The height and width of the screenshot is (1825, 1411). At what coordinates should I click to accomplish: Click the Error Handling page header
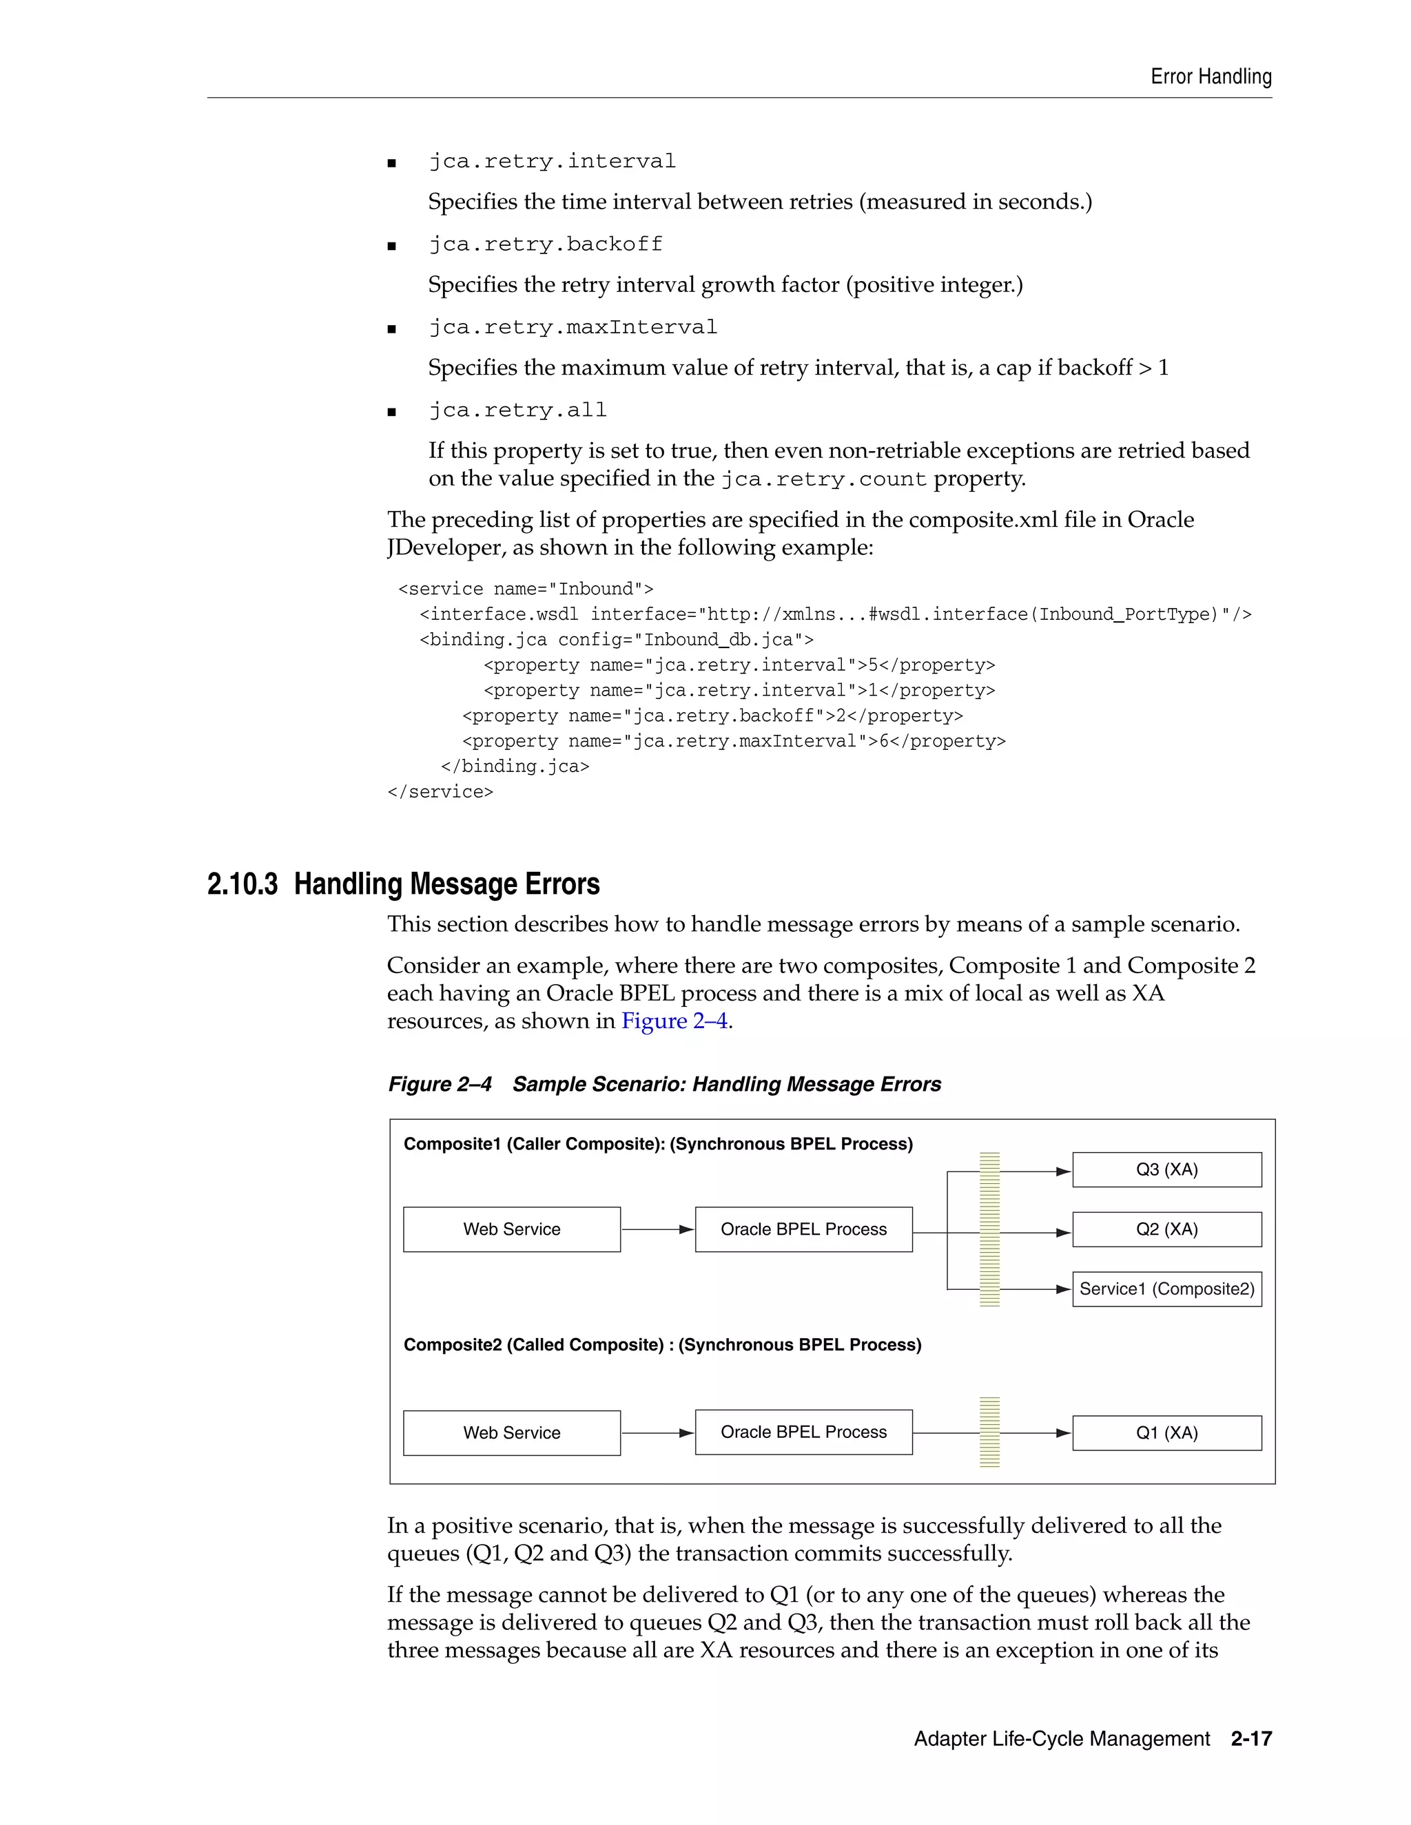pos(1211,77)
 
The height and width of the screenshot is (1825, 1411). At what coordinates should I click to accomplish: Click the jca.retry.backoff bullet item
pos(545,244)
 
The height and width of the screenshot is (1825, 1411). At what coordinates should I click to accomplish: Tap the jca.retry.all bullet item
pos(517,410)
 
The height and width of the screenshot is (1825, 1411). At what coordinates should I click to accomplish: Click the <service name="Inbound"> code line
pos(526,589)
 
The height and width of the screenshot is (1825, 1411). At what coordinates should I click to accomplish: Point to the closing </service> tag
pos(440,791)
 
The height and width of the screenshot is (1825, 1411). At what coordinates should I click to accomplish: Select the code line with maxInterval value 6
pos(733,741)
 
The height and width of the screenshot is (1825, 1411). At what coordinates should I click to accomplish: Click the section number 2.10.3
pos(243,884)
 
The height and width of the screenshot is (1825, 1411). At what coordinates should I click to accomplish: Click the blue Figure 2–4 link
pos(674,1021)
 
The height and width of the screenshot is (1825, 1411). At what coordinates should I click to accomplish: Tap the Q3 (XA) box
pos(1166,1170)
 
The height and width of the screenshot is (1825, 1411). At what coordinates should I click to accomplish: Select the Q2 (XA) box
pos(1166,1229)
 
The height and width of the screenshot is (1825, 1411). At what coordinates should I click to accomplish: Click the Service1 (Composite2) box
pos(1166,1289)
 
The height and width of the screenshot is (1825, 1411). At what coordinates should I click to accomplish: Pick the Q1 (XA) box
pos(1166,1432)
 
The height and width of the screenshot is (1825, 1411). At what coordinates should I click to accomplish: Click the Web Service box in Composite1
pos(512,1229)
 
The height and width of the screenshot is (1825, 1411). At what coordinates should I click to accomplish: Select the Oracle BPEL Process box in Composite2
pos(803,1432)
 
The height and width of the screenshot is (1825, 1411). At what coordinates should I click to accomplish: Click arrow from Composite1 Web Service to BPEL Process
pos(658,1229)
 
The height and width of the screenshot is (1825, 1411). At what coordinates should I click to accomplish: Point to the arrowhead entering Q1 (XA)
pos(1063,1433)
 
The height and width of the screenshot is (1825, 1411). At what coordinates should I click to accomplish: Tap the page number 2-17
pos(1250,1739)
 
